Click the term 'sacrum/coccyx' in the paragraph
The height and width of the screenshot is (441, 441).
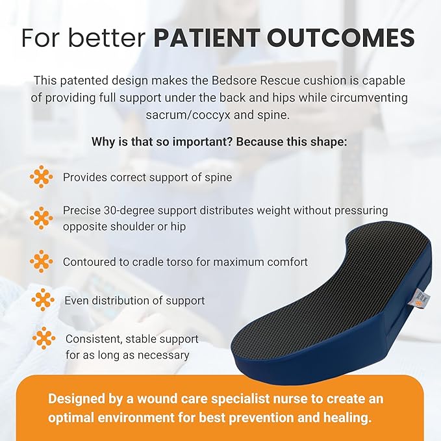tap(183, 115)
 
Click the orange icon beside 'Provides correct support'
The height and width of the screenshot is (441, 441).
tap(42, 177)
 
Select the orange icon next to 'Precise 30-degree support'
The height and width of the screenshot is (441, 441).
tap(42, 218)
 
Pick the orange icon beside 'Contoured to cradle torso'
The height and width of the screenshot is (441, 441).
tap(42, 261)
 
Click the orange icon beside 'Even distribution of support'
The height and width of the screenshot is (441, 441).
tap(43, 300)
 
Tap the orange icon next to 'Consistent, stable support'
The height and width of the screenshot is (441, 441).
tap(44, 338)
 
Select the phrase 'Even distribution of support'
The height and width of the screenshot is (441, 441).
tap(134, 301)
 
